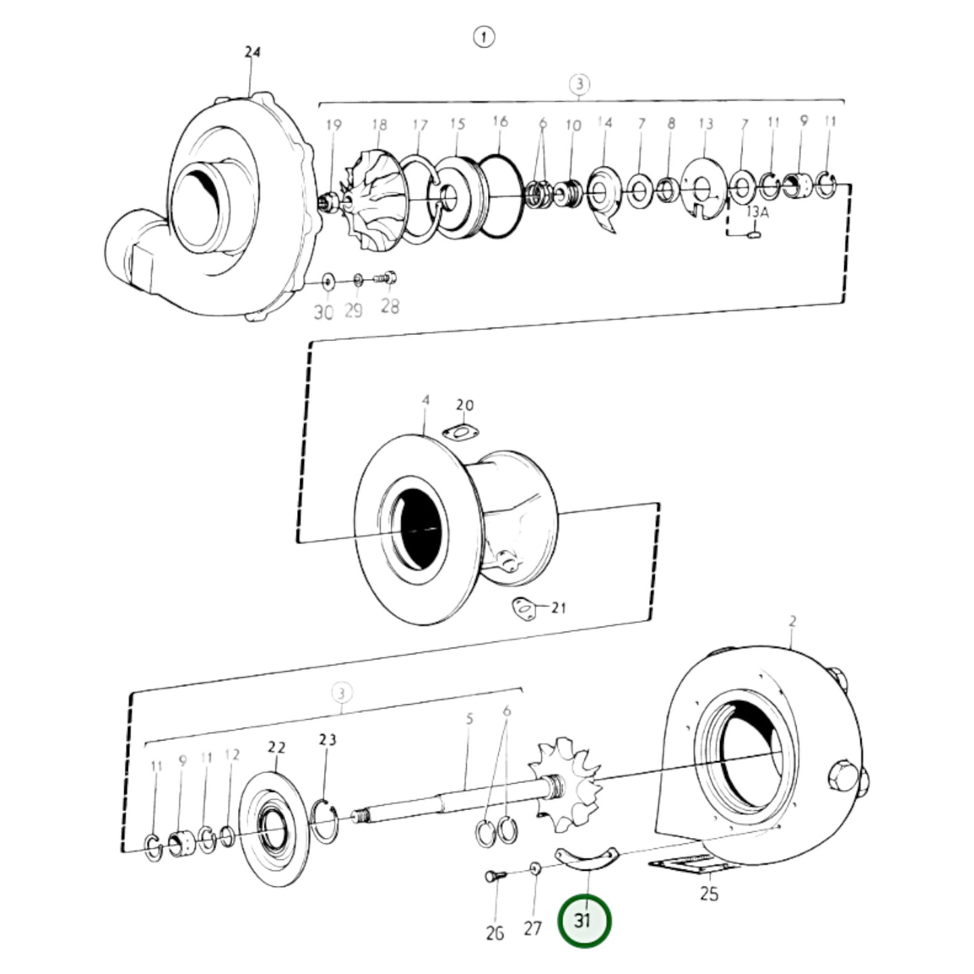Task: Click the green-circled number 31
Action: [584, 920]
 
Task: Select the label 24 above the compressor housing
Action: [252, 52]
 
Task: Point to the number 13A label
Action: [757, 212]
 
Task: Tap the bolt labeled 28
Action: [387, 276]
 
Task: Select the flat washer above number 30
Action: [328, 280]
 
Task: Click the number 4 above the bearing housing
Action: [425, 400]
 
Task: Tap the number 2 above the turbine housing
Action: [793, 621]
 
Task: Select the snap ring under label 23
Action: [326, 819]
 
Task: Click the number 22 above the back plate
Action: [276, 748]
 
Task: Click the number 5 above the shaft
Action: [469, 719]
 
